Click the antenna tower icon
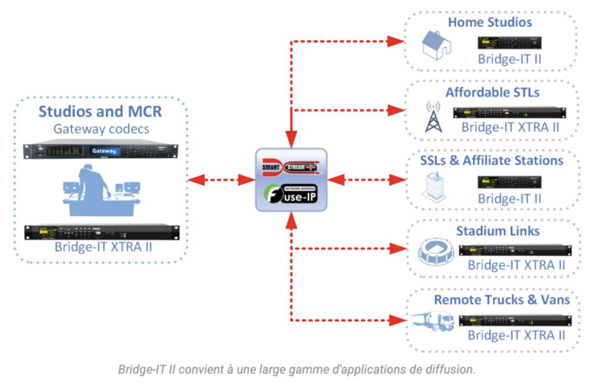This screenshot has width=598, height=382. (431, 118)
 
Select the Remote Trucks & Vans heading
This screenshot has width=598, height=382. (502, 300)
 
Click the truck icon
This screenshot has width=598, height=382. (430, 322)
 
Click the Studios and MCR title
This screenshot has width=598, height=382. (101, 111)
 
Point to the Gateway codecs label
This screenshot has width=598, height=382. (101, 129)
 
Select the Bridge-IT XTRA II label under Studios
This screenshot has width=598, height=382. (101, 247)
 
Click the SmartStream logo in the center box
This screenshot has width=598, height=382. (286, 165)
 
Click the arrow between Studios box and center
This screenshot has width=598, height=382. (217, 180)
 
